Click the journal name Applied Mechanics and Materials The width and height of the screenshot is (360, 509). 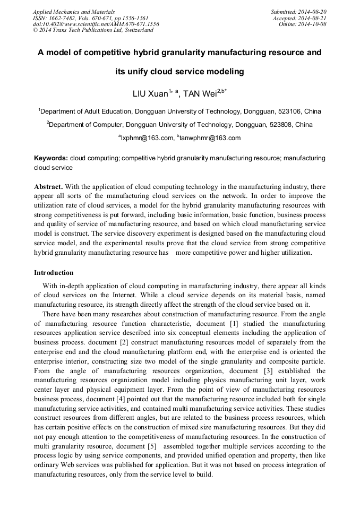click(x=74, y=11)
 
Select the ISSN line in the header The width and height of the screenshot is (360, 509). click(x=90, y=18)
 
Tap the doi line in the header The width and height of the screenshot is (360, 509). click(x=96, y=24)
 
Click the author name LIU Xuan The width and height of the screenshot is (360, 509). click(x=150, y=94)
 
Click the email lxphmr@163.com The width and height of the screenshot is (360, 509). click(x=147, y=138)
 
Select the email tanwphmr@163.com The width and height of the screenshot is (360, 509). click(x=210, y=138)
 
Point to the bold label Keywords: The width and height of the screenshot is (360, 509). click(x=51, y=158)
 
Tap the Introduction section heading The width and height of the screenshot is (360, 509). click(x=54, y=273)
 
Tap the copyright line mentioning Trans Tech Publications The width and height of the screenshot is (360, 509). click(x=93, y=30)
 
